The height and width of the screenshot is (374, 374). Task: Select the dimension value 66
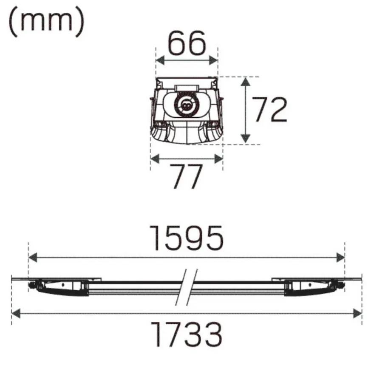pyautogui.click(x=187, y=43)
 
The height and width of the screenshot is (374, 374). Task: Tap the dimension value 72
pyautogui.click(x=269, y=110)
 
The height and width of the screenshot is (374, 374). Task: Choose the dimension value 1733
pyautogui.click(x=187, y=334)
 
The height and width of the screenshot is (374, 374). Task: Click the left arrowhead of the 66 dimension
pyautogui.click(x=160, y=60)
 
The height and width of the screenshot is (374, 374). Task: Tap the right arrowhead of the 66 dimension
pyautogui.click(x=213, y=60)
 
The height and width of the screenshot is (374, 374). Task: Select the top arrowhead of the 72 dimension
pyautogui.click(x=246, y=82)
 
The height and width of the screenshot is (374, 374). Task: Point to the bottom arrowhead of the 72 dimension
pyautogui.click(x=246, y=139)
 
